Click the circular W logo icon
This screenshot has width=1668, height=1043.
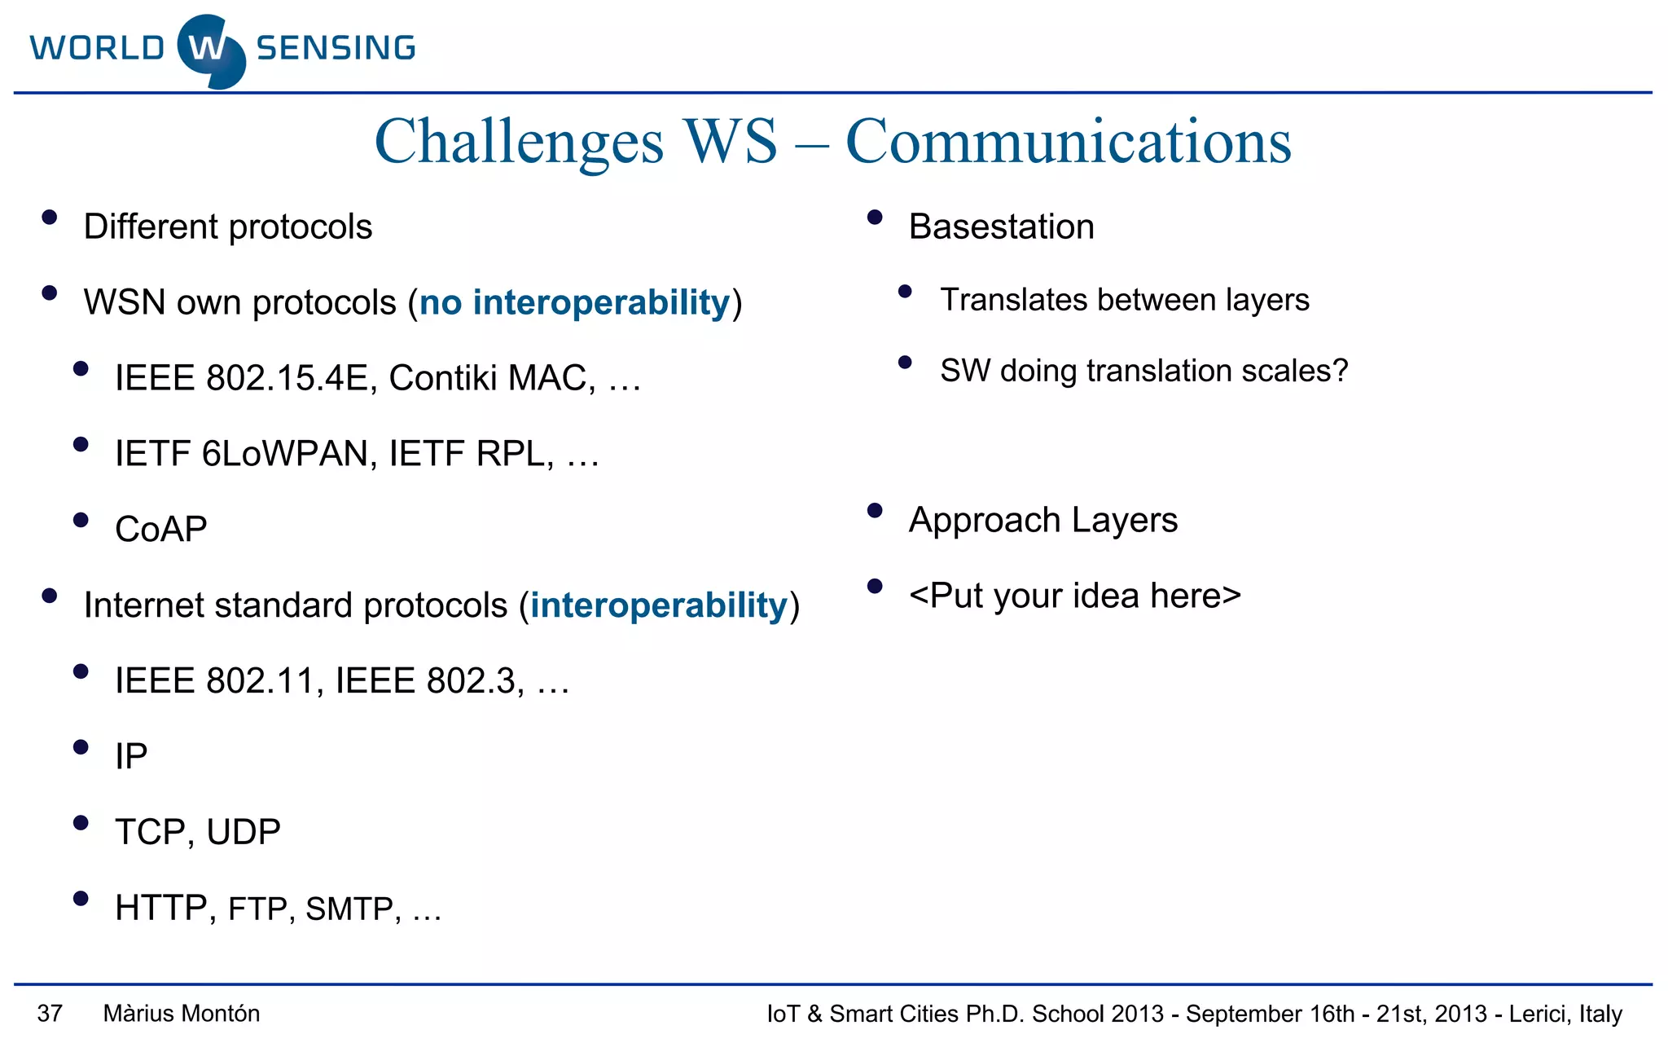pyautogui.click(x=210, y=51)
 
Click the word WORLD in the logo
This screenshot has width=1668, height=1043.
pyautogui.click(x=98, y=48)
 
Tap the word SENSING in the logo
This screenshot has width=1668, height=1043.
pyautogui.click(x=336, y=48)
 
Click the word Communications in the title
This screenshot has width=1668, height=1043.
pyautogui.click(x=1068, y=142)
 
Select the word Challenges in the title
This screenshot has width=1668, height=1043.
pyautogui.click(x=519, y=142)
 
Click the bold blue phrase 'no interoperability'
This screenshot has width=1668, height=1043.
pyautogui.click(x=574, y=302)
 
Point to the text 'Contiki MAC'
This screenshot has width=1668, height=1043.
pyautogui.click(x=491, y=378)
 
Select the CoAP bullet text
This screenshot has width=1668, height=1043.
pyautogui.click(x=161, y=530)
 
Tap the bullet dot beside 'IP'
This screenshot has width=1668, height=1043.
pyautogui.click(x=80, y=747)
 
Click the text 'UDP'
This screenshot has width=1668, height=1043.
pyautogui.click(x=244, y=832)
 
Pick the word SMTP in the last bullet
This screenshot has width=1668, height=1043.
pyautogui.click(x=349, y=909)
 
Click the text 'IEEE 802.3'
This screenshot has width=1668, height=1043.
pyautogui.click(x=425, y=681)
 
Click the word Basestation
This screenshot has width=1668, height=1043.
pyautogui.click(x=1001, y=227)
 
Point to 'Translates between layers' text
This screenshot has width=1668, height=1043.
pyautogui.click(x=1124, y=300)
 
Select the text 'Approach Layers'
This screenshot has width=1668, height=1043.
pyautogui.click(x=1042, y=520)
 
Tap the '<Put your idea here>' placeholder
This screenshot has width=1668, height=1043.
pyautogui.click(x=1074, y=596)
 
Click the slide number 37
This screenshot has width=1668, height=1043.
pyautogui.click(x=50, y=1014)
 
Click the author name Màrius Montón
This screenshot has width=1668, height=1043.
pyautogui.click(x=182, y=1014)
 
